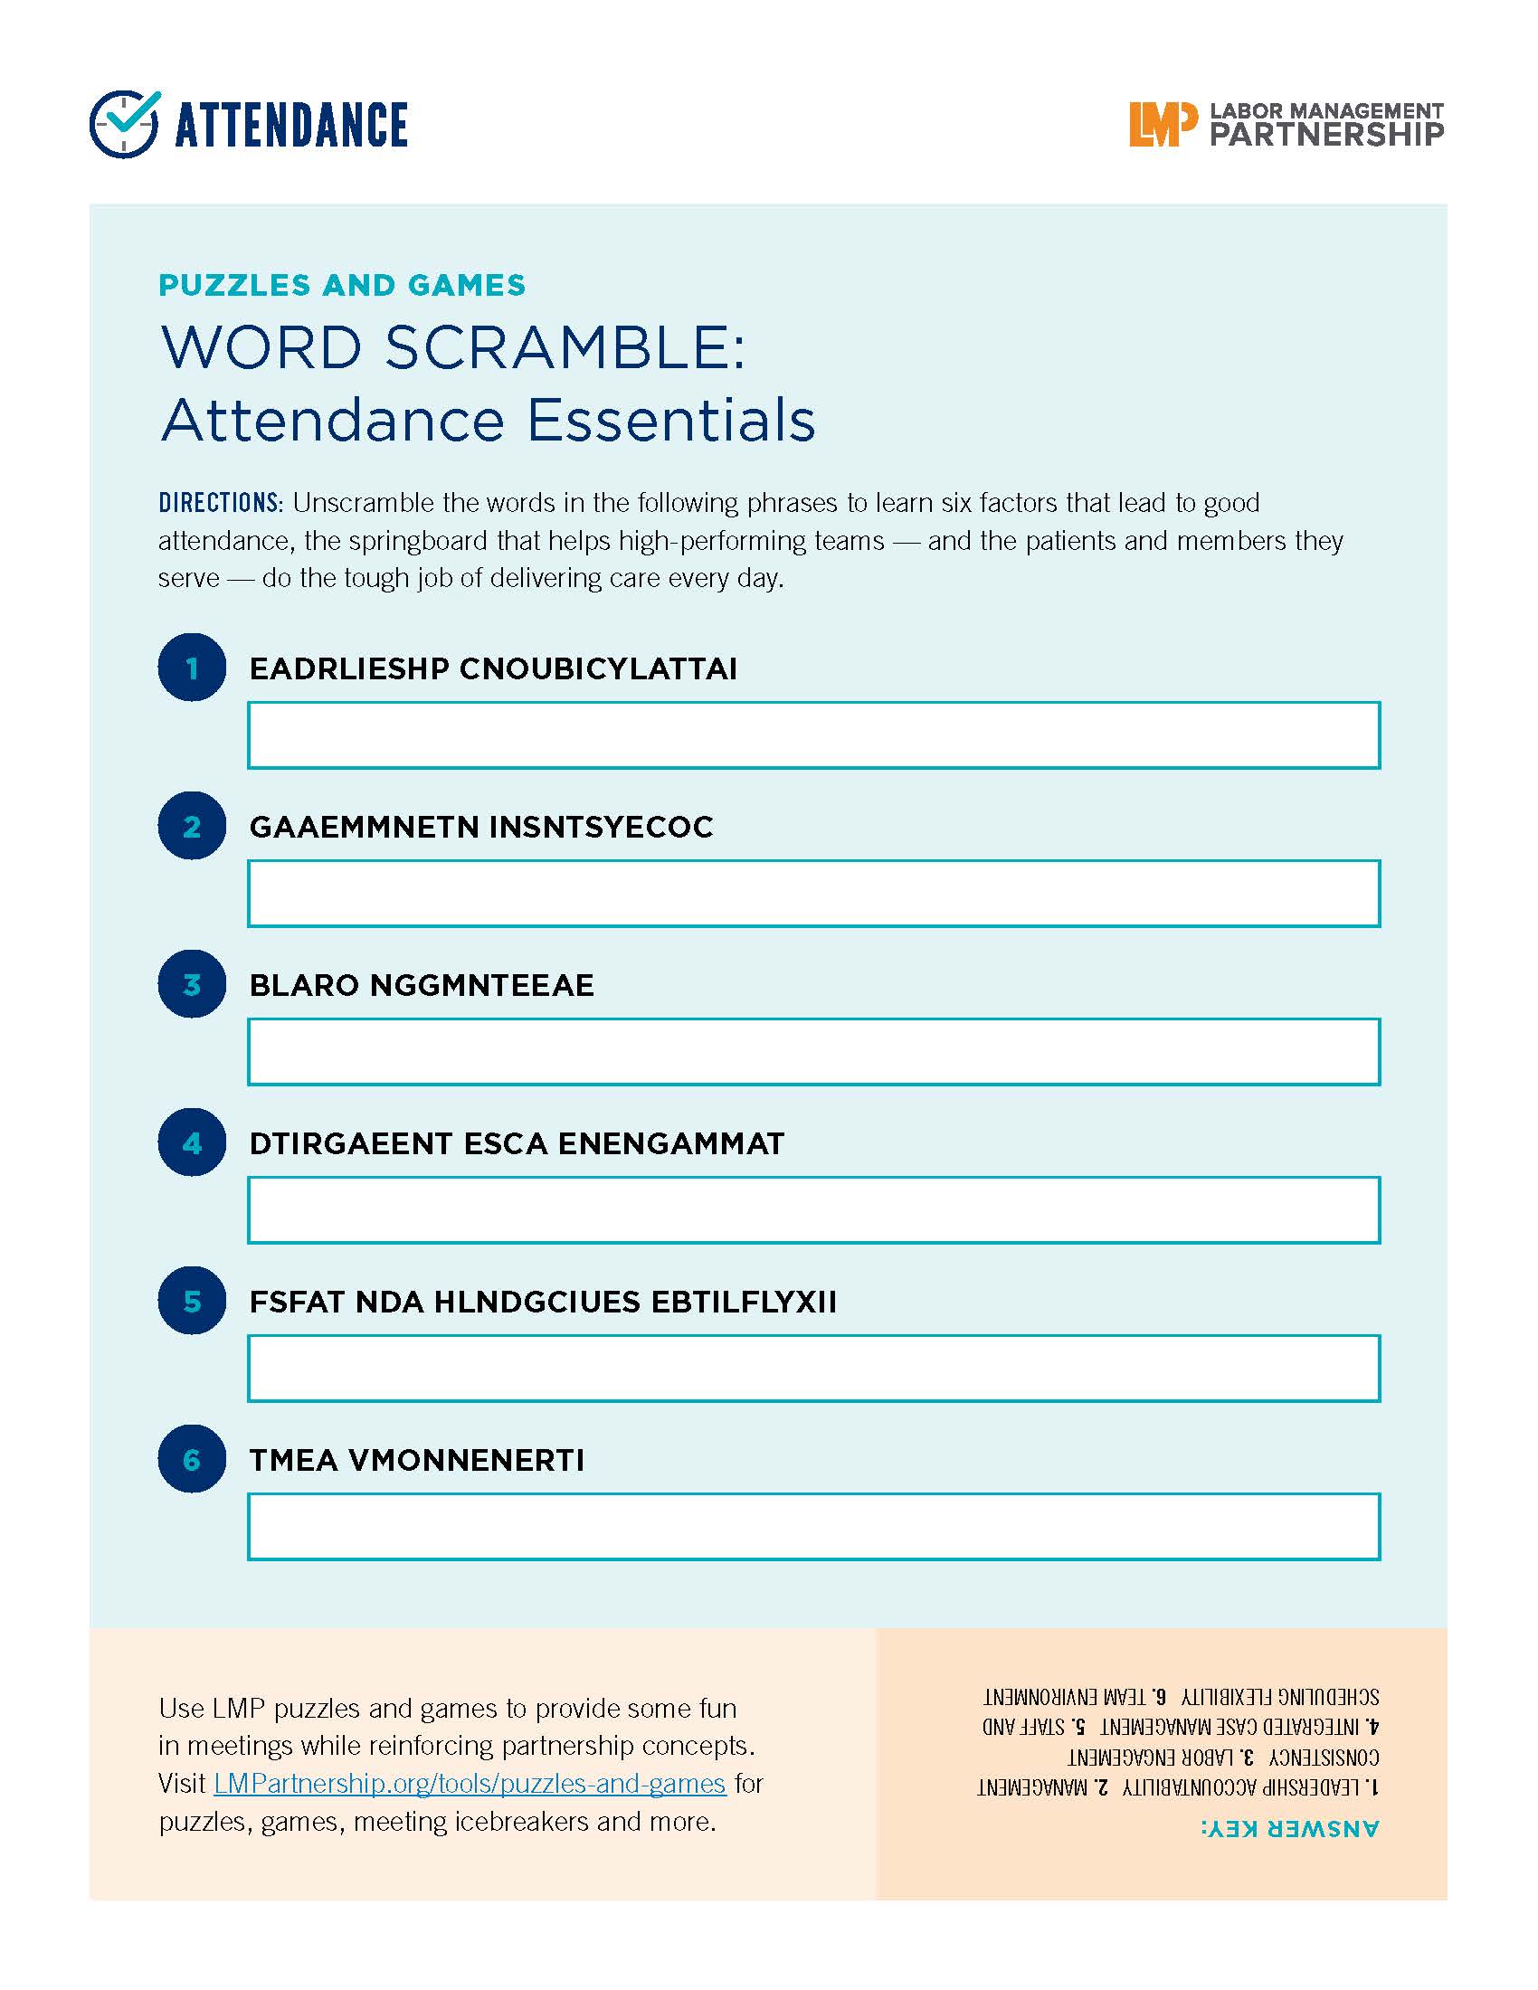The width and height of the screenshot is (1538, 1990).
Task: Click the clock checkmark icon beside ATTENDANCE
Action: coord(125,124)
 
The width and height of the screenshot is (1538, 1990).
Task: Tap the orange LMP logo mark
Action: coord(1162,125)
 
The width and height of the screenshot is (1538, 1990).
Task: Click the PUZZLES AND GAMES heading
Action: coord(342,285)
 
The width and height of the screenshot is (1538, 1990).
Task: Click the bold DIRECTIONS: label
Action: coord(221,503)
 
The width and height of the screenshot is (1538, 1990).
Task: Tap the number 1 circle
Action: coord(191,668)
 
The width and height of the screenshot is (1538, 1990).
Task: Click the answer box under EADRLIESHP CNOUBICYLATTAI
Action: coord(812,734)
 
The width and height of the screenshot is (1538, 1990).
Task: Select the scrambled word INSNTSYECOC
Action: coord(602,827)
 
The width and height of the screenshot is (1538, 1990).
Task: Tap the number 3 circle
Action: coord(191,984)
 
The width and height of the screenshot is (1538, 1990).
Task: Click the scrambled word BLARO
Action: coord(304,985)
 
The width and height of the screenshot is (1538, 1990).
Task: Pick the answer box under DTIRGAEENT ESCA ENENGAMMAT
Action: coord(812,1210)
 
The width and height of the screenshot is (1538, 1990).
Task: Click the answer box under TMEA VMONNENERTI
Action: coord(812,1526)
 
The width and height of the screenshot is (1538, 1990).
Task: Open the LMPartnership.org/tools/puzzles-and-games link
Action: coord(470,1782)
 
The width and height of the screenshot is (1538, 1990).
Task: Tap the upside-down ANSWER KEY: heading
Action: coord(1289,1828)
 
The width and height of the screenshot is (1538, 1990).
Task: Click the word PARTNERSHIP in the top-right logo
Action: coord(1325,136)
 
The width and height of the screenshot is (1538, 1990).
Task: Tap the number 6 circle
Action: coord(191,1459)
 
